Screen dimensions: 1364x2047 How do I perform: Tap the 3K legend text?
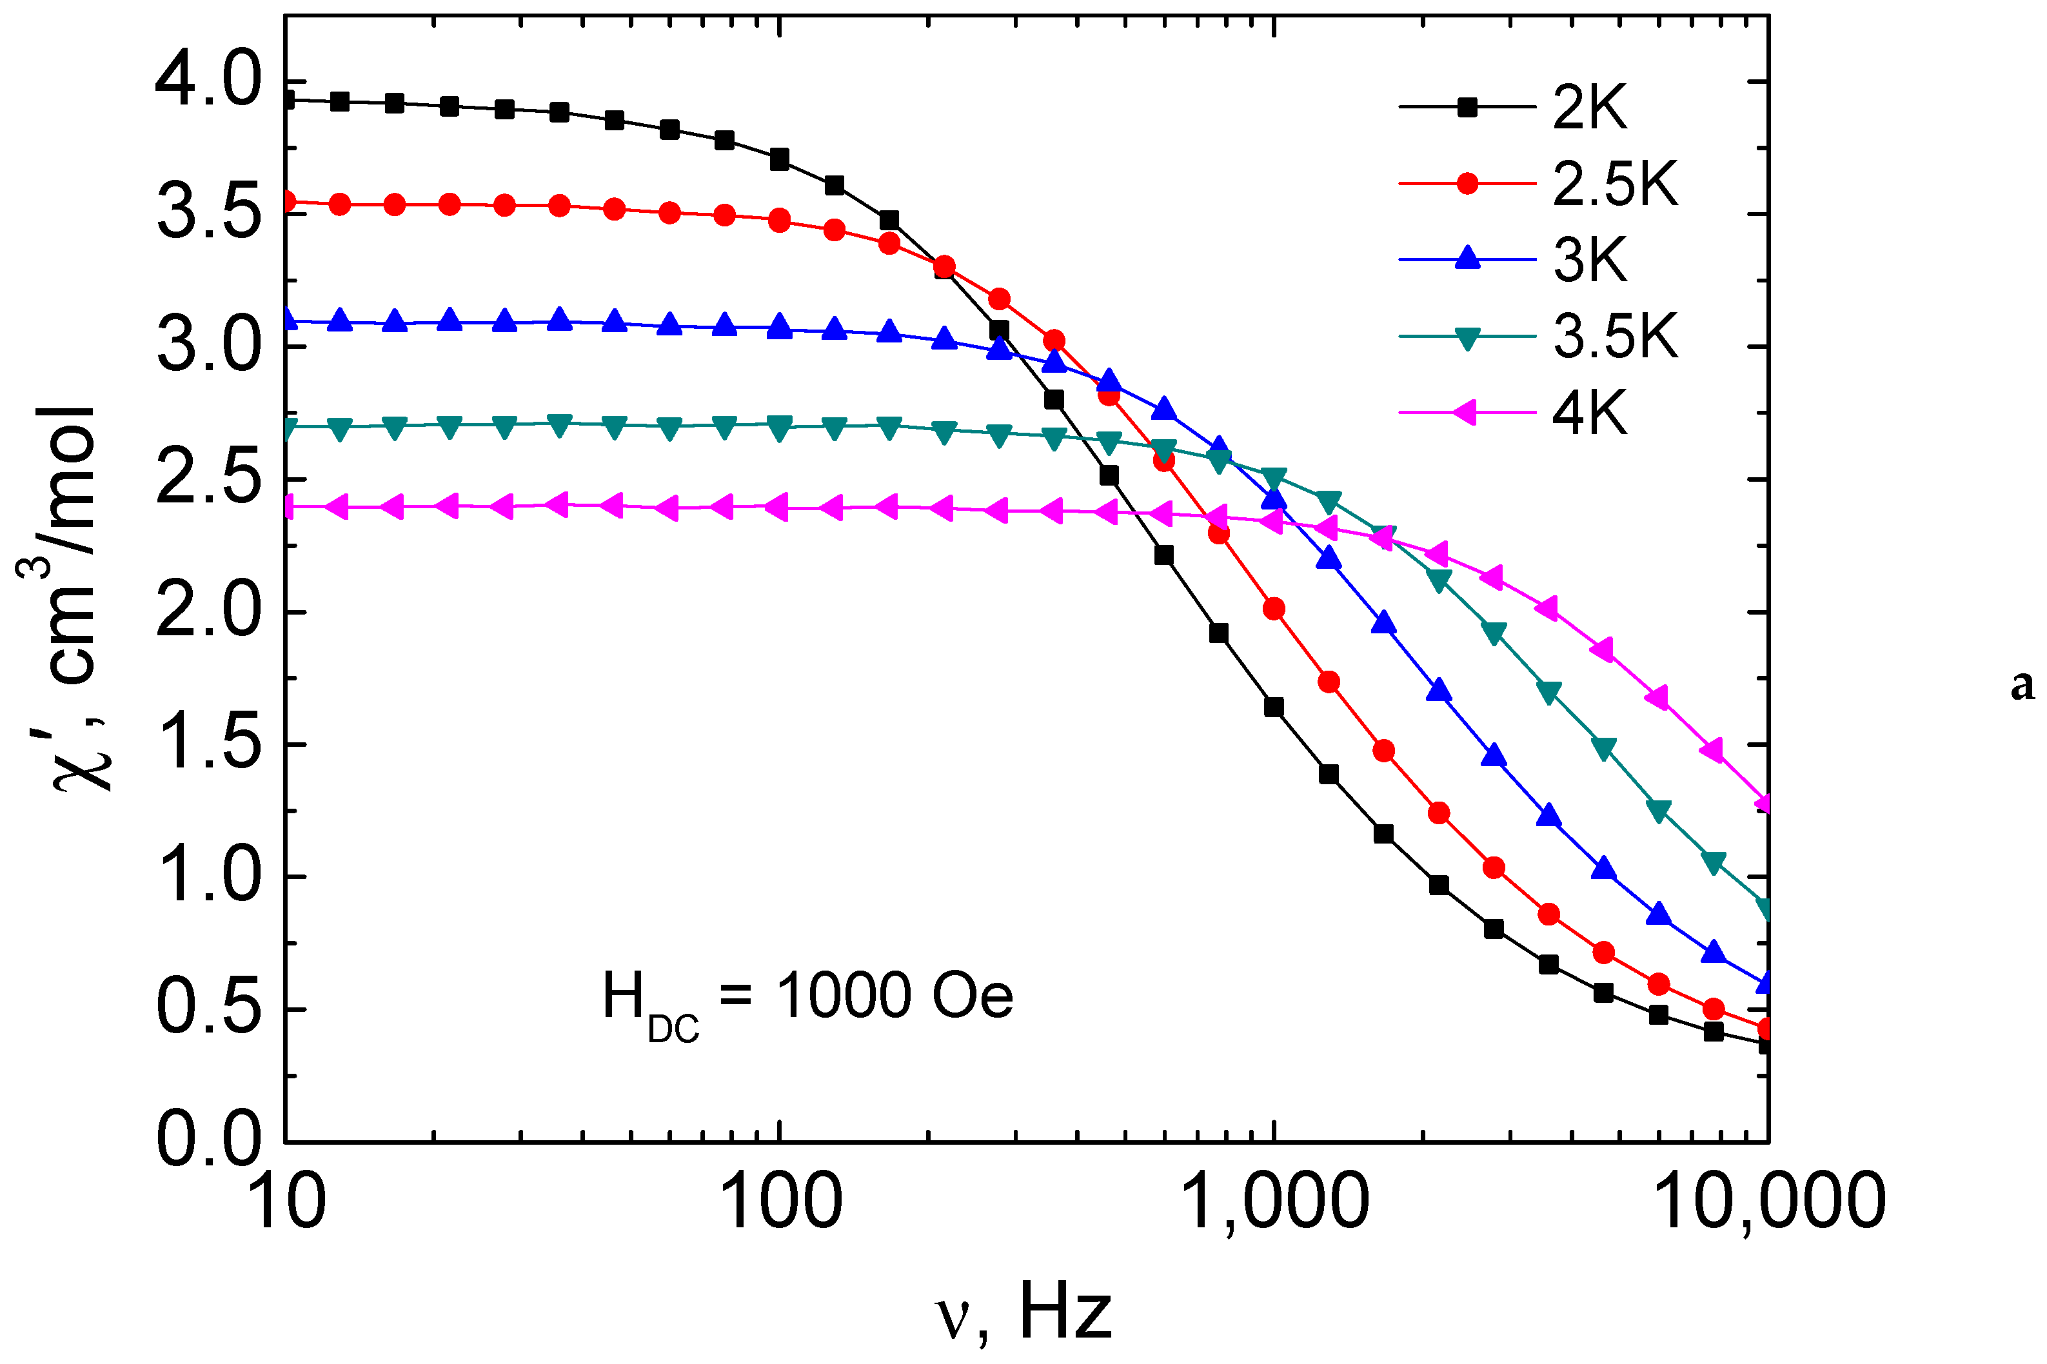pyautogui.click(x=1588, y=259)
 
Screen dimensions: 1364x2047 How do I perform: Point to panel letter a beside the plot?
pyautogui.click(x=2022, y=685)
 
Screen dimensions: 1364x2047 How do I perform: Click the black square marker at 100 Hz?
pyautogui.click(x=780, y=159)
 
